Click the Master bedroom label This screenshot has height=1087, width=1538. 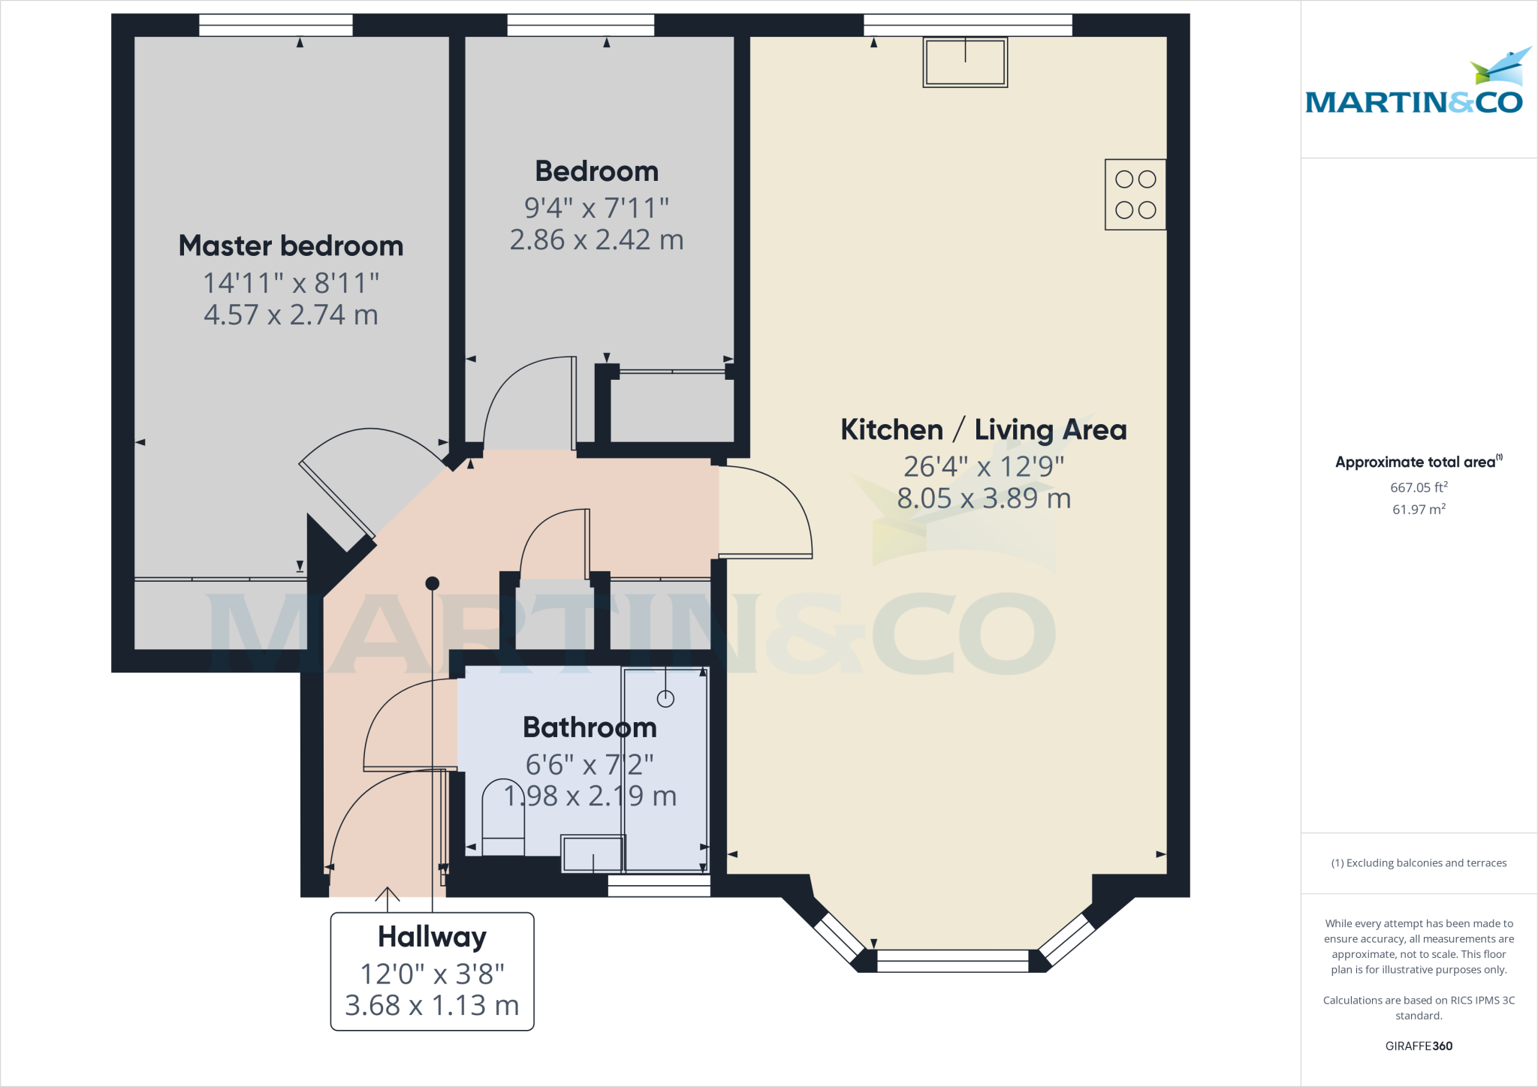pos(291,245)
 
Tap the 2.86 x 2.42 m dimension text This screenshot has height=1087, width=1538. pos(596,240)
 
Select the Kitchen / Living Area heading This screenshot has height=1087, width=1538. pos(983,430)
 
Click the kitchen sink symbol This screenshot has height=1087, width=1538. pos(965,63)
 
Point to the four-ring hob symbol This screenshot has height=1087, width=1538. pos(1135,194)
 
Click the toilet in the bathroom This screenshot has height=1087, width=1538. pos(502,818)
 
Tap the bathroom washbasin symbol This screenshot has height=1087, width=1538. pos(593,854)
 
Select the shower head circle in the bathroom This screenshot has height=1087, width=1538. pos(665,699)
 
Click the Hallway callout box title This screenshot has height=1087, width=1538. pos(432,937)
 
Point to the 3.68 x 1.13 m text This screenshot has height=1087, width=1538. pos(432,1006)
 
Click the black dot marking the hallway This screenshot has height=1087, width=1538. pos(432,583)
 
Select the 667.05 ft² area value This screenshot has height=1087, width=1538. pos(1418,488)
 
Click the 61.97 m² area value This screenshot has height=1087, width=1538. pos(1418,510)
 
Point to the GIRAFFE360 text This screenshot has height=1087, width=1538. pos(1418,1046)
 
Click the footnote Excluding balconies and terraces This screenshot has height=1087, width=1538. pos(1418,863)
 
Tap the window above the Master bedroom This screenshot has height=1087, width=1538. pos(276,26)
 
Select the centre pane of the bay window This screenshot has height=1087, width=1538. pos(952,961)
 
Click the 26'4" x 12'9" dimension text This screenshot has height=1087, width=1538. pos(983,467)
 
